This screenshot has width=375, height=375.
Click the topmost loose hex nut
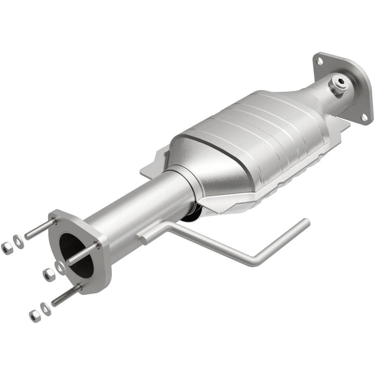point(7,247)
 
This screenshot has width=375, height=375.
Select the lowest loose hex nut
point(35,316)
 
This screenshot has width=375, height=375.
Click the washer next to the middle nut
point(60,268)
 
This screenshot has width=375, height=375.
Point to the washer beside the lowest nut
point(47,309)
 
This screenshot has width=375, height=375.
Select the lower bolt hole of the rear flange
point(364,117)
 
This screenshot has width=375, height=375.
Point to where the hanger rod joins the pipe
point(146,236)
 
